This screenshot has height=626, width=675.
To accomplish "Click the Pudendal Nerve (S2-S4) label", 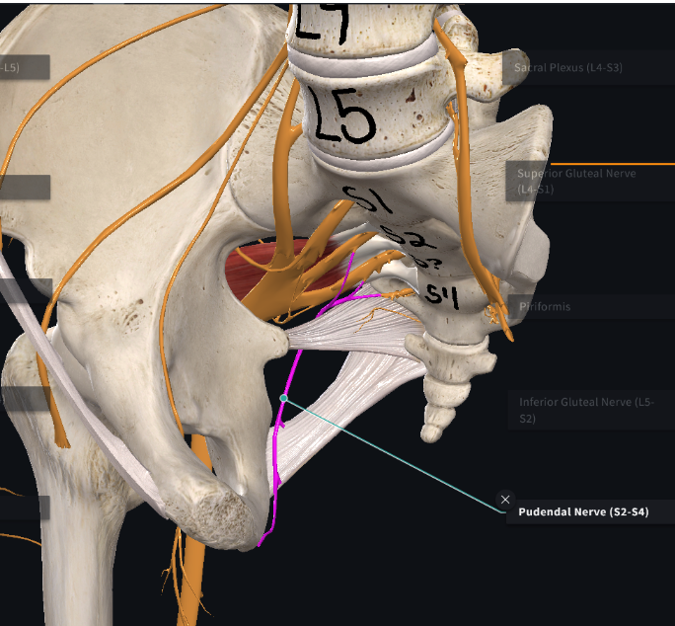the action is point(582,512).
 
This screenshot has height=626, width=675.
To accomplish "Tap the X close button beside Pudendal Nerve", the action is point(505,500).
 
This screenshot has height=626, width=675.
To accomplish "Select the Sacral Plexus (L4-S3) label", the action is point(568,68).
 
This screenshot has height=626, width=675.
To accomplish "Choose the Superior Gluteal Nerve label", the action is point(576,181).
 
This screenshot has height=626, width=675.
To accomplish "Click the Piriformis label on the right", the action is point(545,306).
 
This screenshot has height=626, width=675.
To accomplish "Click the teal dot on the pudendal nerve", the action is point(283,398).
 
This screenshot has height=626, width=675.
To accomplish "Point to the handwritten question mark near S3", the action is point(421,263).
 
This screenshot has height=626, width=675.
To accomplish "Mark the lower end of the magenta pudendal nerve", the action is point(261,542).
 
